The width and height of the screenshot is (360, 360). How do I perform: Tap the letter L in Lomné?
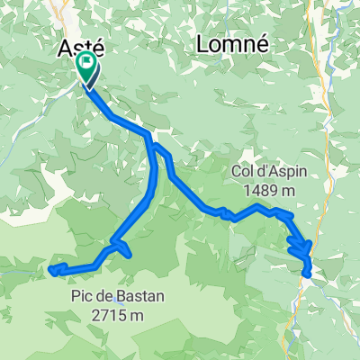pos(203,43)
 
